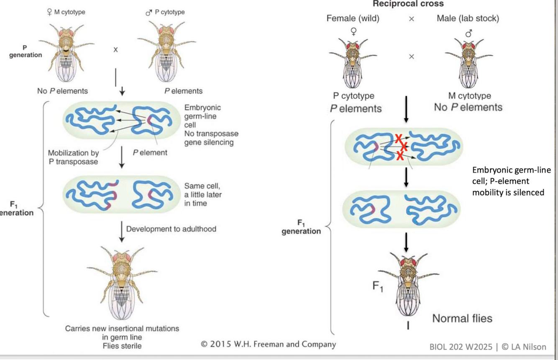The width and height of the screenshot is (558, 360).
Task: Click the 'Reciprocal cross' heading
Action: tap(408, 4)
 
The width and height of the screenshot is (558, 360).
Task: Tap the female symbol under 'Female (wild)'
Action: tap(353, 31)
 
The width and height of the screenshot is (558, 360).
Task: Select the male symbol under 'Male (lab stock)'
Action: tap(468, 32)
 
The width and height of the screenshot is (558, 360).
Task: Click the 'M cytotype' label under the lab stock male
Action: tap(469, 96)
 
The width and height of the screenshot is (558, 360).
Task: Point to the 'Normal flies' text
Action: tap(462, 319)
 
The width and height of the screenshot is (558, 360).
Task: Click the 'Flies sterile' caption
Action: tap(122, 346)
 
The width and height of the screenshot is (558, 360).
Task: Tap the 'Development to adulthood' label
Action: tap(171, 229)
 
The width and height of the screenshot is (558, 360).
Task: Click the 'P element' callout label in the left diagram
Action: tap(150, 153)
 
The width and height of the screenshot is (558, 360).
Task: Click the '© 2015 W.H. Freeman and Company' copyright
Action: tap(268, 345)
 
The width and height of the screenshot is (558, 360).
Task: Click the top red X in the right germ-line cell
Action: tap(398, 138)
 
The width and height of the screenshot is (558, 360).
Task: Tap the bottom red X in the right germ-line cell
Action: tap(400, 156)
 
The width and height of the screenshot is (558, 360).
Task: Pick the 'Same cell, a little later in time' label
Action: tap(203, 194)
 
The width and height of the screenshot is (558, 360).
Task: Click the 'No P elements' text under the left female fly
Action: tap(62, 91)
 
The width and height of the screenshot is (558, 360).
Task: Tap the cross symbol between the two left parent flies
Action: tap(115, 50)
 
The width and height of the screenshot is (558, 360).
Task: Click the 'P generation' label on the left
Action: tap(26, 51)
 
